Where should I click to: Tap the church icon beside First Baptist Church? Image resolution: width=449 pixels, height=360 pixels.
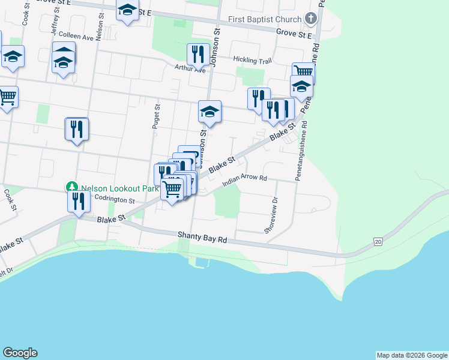310,18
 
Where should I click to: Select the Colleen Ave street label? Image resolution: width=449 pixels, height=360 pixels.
76,37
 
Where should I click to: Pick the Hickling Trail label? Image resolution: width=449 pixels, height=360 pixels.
253,61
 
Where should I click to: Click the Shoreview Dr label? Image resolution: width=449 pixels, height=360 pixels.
271,215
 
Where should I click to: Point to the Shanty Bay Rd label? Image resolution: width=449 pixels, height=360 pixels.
202,238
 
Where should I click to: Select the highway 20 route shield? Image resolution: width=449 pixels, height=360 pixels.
377,241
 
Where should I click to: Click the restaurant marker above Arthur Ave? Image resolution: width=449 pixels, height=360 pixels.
197,55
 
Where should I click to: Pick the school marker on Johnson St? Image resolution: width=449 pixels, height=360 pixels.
209,112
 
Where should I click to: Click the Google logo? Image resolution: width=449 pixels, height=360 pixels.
20,353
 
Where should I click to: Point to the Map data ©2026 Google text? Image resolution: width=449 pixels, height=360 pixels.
412,355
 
